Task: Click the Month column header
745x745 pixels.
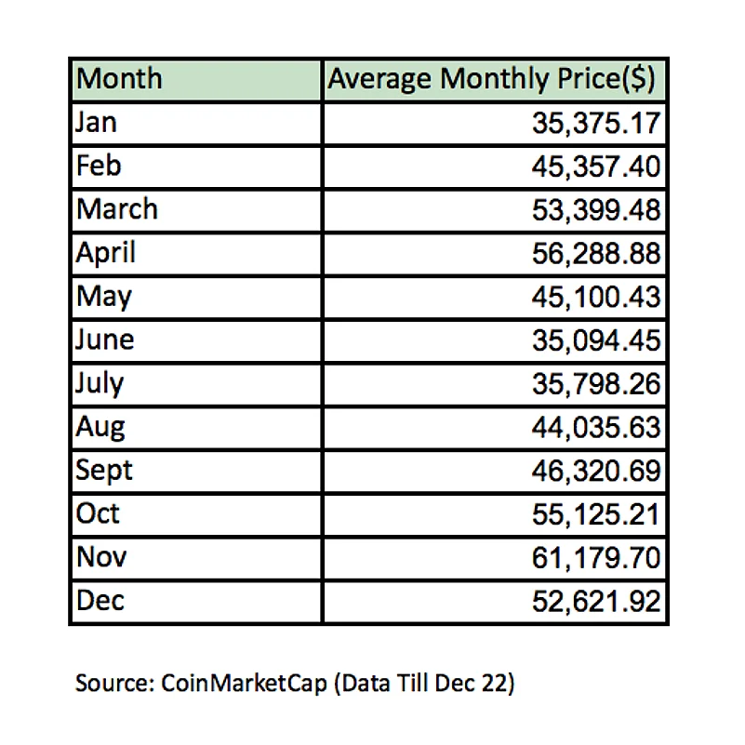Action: coord(119,79)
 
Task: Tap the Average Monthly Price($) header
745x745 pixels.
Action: coord(494,79)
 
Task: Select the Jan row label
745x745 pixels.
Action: coord(98,123)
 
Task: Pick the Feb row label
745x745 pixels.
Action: coord(100,166)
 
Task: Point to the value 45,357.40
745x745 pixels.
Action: coord(594,167)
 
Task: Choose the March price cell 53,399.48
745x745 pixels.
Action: coord(594,210)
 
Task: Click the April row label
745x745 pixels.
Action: coord(106,253)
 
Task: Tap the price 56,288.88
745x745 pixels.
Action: coord(594,254)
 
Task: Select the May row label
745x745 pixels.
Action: coord(104,297)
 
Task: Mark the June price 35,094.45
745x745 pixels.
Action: coord(594,341)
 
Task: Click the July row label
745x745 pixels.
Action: coord(100,383)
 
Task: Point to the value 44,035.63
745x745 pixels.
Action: coord(594,428)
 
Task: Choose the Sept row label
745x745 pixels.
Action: coord(104,471)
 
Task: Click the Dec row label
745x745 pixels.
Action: coord(100,601)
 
